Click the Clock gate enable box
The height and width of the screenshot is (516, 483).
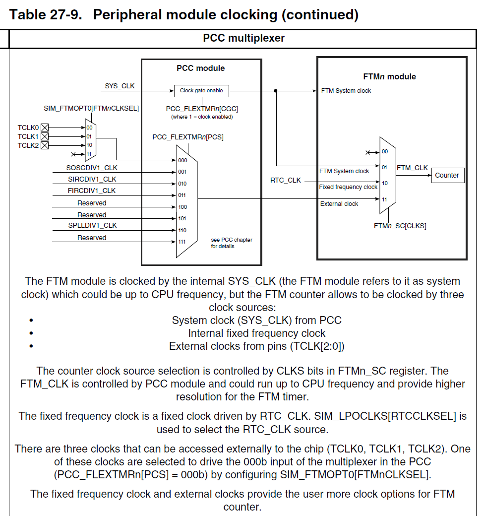[x=201, y=91]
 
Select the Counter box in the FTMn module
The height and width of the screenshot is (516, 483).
[x=447, y=175]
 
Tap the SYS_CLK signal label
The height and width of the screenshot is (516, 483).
[x=120, y=86]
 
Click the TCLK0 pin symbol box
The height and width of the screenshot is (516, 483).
[x=45, y=128]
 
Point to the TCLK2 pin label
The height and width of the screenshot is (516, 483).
[x=28, y=145]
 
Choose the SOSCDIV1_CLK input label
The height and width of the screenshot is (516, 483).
[x=92, y=168]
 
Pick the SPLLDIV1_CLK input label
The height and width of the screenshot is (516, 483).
[x=92, y=225]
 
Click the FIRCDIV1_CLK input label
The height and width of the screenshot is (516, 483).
[x=92, y=191]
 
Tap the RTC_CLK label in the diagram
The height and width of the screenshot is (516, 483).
[x=285, y=180]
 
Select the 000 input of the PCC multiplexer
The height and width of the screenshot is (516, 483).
[x=182, y=160]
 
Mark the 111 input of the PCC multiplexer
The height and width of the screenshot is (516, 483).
[x=182, y=242]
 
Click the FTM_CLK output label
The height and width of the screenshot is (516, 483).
[x=412, y=168]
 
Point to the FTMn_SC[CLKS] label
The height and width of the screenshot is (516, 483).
[x=400, y=226]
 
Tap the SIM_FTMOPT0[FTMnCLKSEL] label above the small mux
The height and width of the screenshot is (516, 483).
[x=91, y=108]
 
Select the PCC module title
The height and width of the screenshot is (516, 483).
[x=200, y=68]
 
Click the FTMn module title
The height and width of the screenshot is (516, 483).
[x=389, y=76]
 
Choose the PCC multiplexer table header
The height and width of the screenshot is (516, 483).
[x=243, y=38]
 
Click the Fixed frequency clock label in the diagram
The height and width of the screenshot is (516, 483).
[x=348, y=187]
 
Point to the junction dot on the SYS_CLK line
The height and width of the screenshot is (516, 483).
[x=276, y=91]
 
